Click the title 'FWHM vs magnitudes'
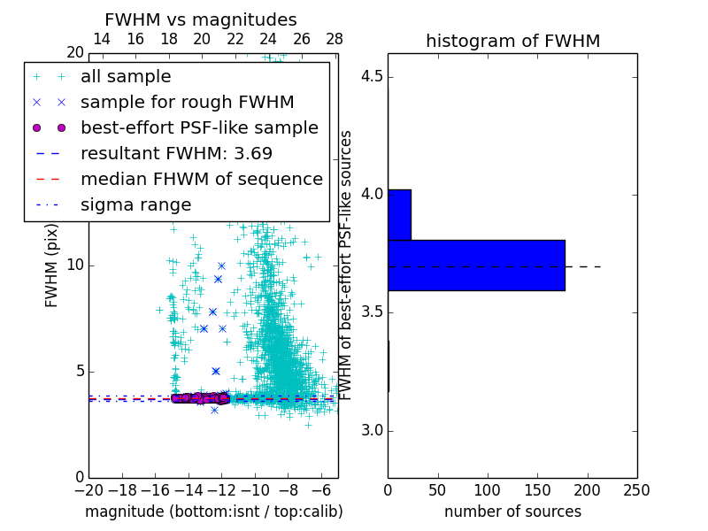[201, 19]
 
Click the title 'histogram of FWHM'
[512, 41]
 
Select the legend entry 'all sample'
[126, 77]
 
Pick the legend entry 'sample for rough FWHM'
[187, 102]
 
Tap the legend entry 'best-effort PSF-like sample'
[199, 127]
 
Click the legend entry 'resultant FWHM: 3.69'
[176, 153]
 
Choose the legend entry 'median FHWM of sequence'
[201, 179]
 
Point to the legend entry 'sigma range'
[135, 204]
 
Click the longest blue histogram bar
[476, 265]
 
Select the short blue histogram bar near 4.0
[399, 214]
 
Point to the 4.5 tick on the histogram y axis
[372, 75]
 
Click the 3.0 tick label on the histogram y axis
[372, 430]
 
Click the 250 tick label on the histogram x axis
[636, 489]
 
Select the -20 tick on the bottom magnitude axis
[88, 489]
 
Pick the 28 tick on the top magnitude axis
[335, 39]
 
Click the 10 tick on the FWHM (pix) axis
[75, 265]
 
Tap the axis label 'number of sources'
[512, 512]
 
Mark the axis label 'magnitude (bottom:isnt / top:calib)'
[213, 512]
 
